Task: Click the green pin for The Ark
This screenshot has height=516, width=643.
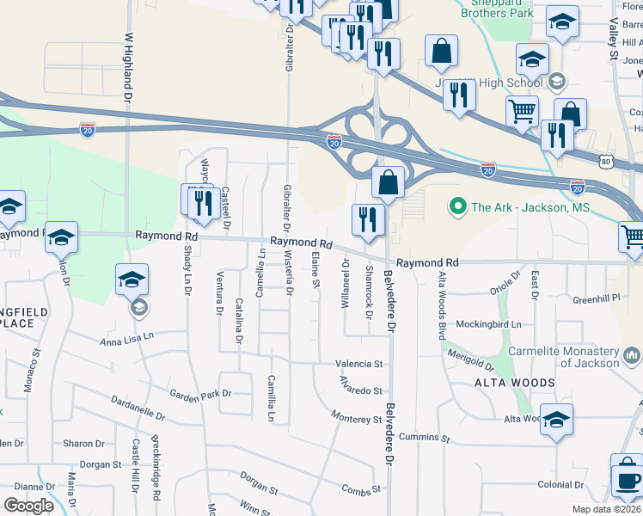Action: click(456, 206)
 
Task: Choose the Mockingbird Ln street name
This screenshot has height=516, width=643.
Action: click(490, 324)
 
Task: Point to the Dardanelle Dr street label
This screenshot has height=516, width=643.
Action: click(138, 408)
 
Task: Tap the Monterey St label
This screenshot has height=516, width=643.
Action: click(357, 419)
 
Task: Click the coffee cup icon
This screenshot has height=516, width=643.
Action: click(627, 478)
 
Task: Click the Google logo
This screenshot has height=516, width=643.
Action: click(29, 506)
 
